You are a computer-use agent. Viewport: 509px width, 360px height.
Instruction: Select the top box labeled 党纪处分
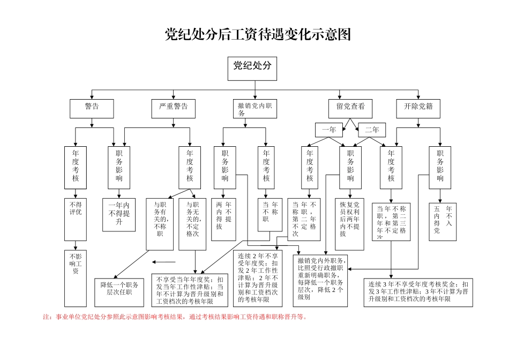tap(252, 69)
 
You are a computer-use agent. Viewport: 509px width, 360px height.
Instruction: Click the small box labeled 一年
tap(328, 130)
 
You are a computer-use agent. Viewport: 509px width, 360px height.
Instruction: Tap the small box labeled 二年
tap(372, 130)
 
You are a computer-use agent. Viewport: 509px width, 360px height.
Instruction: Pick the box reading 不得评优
tap(76, 219)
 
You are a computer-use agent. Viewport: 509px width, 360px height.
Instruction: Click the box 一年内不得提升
tap(119, 214)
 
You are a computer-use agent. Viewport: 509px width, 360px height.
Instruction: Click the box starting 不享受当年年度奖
tap(191, 290)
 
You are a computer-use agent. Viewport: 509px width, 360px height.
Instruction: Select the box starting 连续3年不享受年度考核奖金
tap(418, 292)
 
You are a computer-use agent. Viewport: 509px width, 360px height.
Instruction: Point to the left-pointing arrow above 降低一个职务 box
tap(164, 262)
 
